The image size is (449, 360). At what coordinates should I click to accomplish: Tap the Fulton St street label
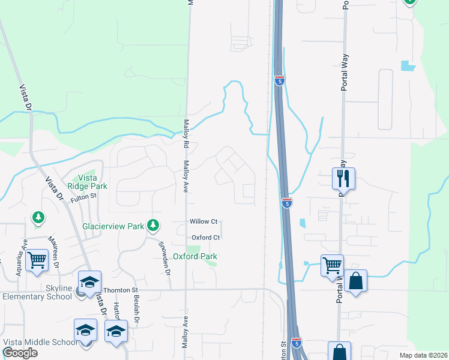tap(83, 197)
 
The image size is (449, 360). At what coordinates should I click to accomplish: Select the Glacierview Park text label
tap(113, 226)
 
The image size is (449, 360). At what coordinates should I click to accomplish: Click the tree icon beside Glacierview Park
tap(154, 225)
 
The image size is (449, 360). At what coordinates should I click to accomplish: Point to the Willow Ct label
tap(203, 222)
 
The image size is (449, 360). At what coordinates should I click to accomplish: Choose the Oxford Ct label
tap(206, 238)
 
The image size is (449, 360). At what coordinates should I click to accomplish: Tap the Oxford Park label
tap(194, 256)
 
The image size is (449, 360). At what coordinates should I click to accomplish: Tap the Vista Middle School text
tap(40, 342)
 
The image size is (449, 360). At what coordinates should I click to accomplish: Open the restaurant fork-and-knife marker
tap(344, 178)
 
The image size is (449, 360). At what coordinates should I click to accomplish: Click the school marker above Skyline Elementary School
tap(89, 281)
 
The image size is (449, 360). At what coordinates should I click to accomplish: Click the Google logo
tap(20, 353)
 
